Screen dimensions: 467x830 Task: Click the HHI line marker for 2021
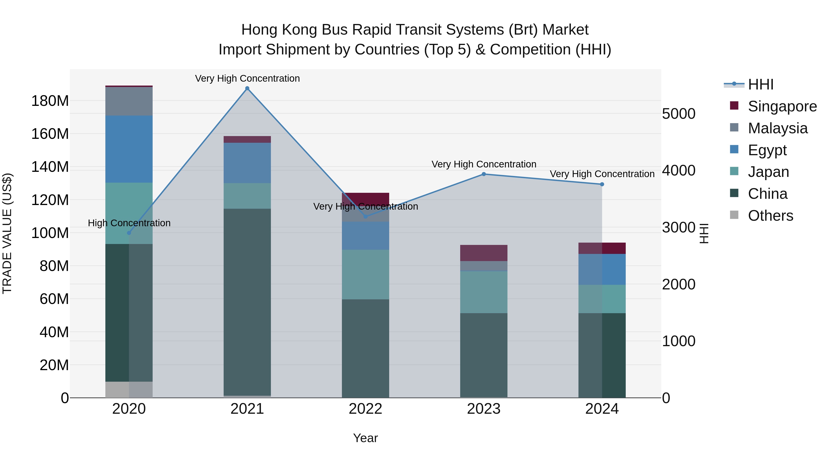[x=247, y=88]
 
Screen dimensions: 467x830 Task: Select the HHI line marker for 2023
[x=484, y=174]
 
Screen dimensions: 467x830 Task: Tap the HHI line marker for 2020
[x=129, y=233]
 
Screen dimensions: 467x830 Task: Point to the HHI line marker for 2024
[x=602, y=184]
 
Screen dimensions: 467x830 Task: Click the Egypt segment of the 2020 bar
[x=129, y=149]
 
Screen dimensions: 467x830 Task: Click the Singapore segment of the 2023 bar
[x=484, y=253]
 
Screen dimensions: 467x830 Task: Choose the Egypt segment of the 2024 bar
[x=602, y=269]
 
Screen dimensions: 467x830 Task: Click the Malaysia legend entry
[x=777, y=128]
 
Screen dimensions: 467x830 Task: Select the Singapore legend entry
[x=782, y=106]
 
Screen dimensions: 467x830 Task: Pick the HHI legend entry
[x=760, y=84]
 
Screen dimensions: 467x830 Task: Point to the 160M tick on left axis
[x=50, y=134]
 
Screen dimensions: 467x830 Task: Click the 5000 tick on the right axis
[x=679, y=114]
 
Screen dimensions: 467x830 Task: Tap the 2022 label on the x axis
[x=365, y=409]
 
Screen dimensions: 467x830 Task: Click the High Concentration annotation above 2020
[x=129, y=223]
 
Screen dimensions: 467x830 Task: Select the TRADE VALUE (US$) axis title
[x=7, y=233]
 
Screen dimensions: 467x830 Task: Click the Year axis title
[x=365, y=438]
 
